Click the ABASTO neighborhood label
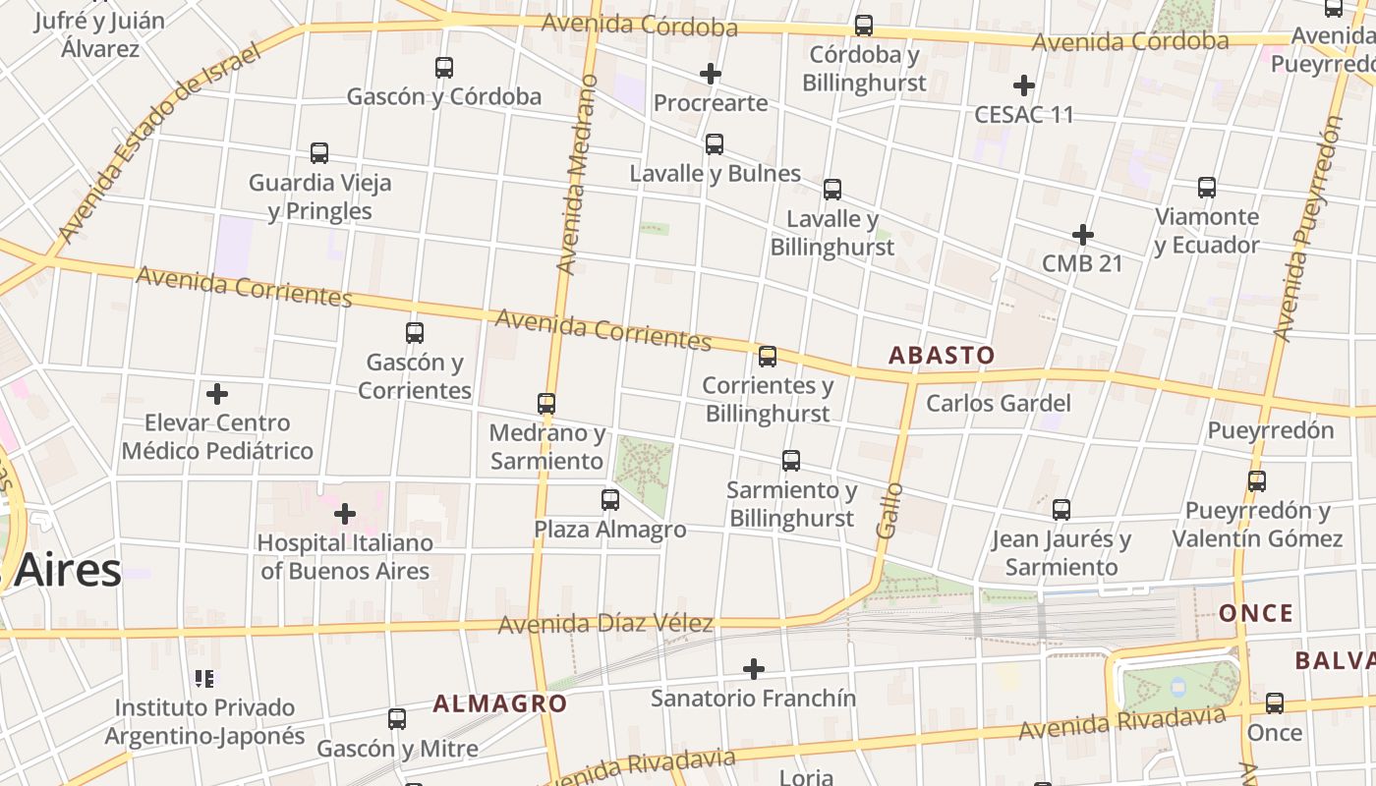coord(942,356)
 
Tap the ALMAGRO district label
coord(500,703)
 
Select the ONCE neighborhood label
coord(1256,614)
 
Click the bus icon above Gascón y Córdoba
coord(444,68)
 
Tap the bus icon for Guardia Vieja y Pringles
coord(319,153)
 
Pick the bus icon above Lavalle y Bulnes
coord(715,144)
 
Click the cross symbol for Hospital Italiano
coord(345,514)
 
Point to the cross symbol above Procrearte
coord(711,74)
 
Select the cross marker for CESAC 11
coord(1024,85)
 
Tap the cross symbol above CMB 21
coord(1083,235)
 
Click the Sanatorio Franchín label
coord(754,699)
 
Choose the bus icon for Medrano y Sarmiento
coord(546,404)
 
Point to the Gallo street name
coord(889,509)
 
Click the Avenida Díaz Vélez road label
coord(605,624)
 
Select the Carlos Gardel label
coord(999,403)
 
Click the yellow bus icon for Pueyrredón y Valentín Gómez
coord(1257,481)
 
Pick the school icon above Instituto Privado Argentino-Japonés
coord(204,678)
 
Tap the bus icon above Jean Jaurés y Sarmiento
coord(1061,510)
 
